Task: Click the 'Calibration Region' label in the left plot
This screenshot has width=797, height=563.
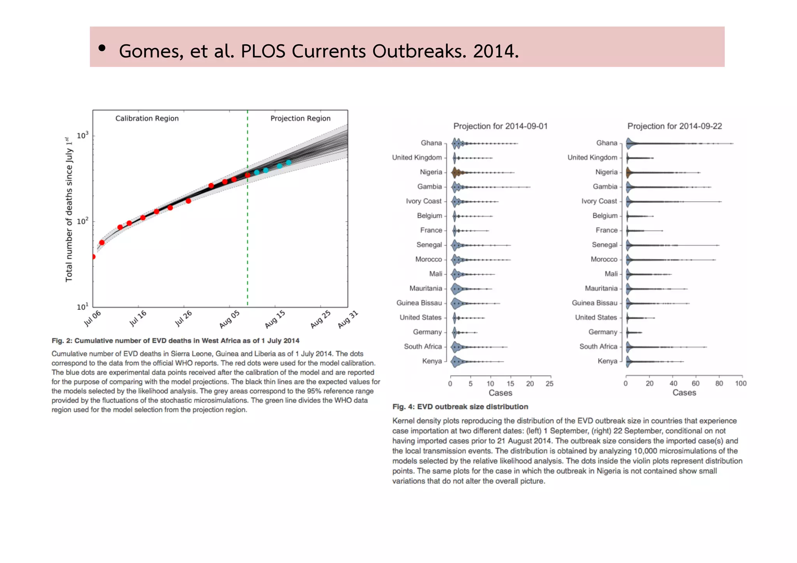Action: [x=147, y=118]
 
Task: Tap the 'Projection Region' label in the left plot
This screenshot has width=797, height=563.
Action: [x=300, y=118]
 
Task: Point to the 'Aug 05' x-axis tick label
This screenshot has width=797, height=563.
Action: [x=229, y=319]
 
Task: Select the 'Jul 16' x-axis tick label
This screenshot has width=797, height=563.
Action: [x=138, y=318]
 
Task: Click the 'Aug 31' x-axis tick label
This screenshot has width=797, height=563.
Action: [x=348, y=319]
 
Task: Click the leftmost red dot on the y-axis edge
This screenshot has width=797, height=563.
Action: [x=93, y=256]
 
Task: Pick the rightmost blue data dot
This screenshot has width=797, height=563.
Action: [x=288, y=163]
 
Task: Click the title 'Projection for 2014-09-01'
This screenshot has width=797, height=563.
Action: [x=500, y=126]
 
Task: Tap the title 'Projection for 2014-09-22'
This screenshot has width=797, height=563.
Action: [x=674, y=126]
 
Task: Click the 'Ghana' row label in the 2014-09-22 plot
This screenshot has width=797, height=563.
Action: [x=607, y=143]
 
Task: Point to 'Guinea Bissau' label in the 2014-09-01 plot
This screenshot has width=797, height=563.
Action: [x=419, y=303]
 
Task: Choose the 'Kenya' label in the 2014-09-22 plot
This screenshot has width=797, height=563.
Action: [x=607, y=361]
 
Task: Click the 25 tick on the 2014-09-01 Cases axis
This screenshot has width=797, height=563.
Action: [x=549, y=384]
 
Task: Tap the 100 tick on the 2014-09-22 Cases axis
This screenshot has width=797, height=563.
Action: [x=741, y=384]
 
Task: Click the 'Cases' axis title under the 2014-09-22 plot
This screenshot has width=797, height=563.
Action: [x=684, y=393]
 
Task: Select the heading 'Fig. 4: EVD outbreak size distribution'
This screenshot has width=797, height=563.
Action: [x=460, y=407]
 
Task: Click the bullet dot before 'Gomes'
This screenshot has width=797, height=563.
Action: [x=102, y=48]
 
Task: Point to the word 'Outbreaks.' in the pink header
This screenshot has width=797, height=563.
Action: [x=419, y=51]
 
